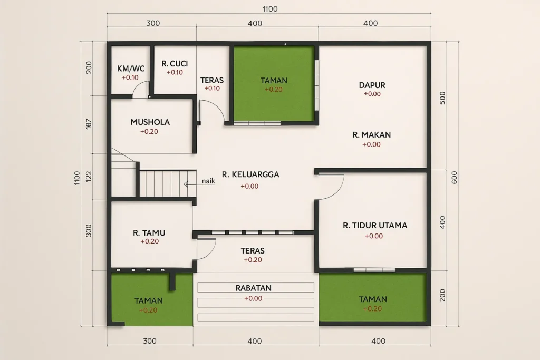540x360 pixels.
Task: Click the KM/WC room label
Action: (130, 68)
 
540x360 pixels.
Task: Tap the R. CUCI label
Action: (175, 64)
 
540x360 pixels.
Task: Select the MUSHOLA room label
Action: (150, 122)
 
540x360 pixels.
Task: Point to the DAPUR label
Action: (372, 85)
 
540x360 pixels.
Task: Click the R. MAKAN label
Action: (372, 135)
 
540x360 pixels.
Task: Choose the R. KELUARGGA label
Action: (250, 174)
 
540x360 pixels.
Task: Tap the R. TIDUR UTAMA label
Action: (375, 226)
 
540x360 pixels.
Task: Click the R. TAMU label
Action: (150, 232)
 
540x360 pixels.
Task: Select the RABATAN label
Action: (253, 288)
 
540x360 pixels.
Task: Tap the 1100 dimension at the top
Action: (269, 9)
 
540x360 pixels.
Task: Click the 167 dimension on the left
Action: (89, 123)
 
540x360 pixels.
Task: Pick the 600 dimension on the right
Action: (454, 177)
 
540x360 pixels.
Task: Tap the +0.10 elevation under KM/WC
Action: (130, 77)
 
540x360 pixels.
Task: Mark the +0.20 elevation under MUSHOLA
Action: (149, 132)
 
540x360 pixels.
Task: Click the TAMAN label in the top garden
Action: (274, 81)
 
